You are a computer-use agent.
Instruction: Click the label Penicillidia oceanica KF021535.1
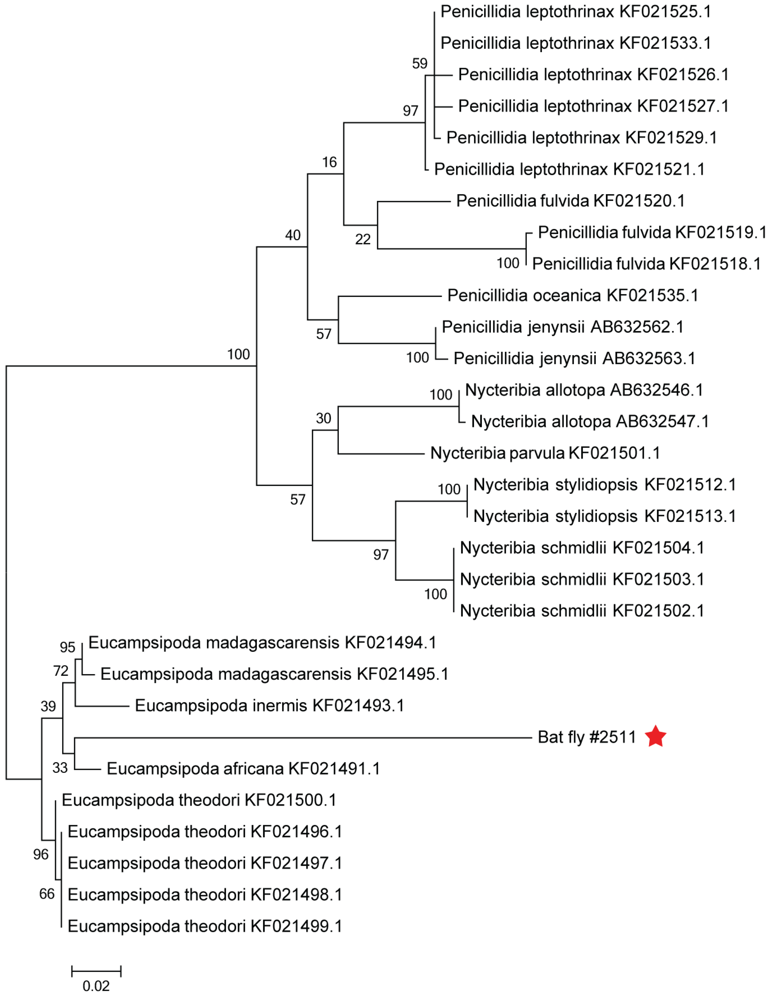[x=572, y=296]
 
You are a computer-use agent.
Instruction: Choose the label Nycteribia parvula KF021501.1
[x=545, y=453]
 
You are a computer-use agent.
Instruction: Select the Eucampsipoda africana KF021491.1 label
[x=243, y=769]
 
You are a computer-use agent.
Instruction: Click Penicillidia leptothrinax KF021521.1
[x=569, y=169]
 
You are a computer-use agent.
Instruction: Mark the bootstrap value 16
[x=329, y=162]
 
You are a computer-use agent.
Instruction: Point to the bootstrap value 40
[x=293, y=235]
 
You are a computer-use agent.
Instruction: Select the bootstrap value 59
[x=419, y=64]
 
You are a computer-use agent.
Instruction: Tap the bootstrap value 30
[x=323, y=418]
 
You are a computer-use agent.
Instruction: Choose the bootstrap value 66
[x=47, y=894]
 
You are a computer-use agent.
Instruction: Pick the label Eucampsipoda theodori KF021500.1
[x=199, y=800]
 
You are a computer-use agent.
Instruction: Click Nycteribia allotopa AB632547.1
[x=590, y=422]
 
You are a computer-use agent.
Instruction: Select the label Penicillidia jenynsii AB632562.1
[x=562, y=327]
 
